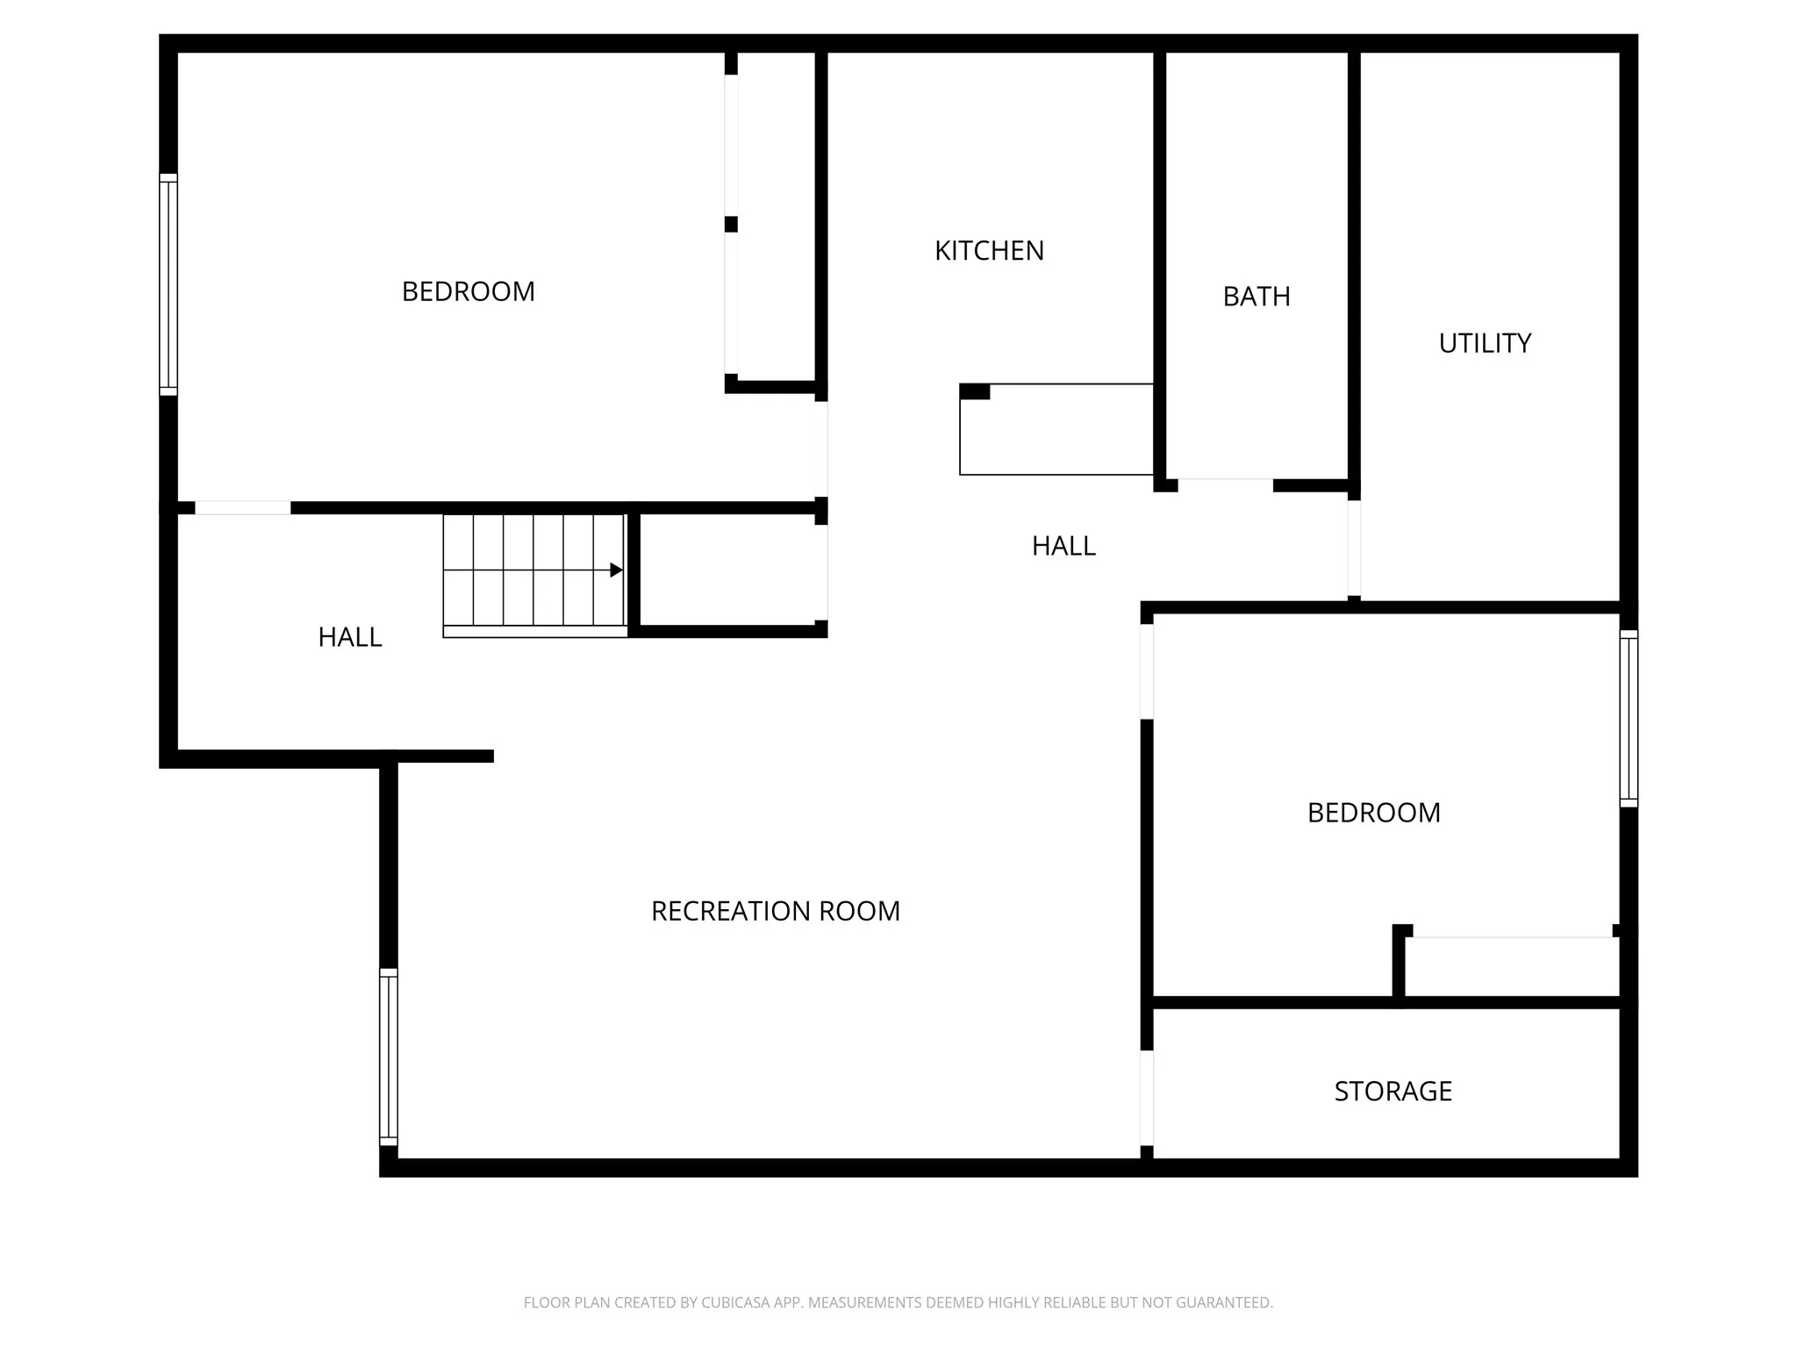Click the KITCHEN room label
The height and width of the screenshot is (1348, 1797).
click(989, 251)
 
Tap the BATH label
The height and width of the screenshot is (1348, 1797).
click(1256, 297)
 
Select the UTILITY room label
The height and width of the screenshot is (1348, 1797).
click(1485, 343)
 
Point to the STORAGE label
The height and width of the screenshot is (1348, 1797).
click(1392, 1091)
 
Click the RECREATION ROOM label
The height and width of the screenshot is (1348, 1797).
click(776, 911)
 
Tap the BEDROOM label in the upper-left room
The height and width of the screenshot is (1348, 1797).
click(468, 291)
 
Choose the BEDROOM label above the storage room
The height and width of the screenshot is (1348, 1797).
click(1373, 813)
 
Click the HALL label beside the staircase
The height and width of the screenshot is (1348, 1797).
click(349, 637)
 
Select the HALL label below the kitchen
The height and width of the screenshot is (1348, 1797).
click(1063, 546)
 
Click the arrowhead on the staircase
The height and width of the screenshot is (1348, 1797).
click(616, 570)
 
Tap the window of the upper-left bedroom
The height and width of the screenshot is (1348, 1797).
click(168, 284)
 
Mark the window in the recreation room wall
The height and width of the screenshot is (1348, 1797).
click(388, 1057)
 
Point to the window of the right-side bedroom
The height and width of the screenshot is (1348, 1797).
click(1629, 718)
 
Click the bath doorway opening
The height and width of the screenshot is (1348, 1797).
click(1225, 484)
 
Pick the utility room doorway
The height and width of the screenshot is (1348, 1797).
click(1354, 549)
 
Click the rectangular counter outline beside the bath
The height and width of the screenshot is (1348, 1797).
click(1056, 429)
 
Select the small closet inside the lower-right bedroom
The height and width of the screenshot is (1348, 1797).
click(1511, 966)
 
